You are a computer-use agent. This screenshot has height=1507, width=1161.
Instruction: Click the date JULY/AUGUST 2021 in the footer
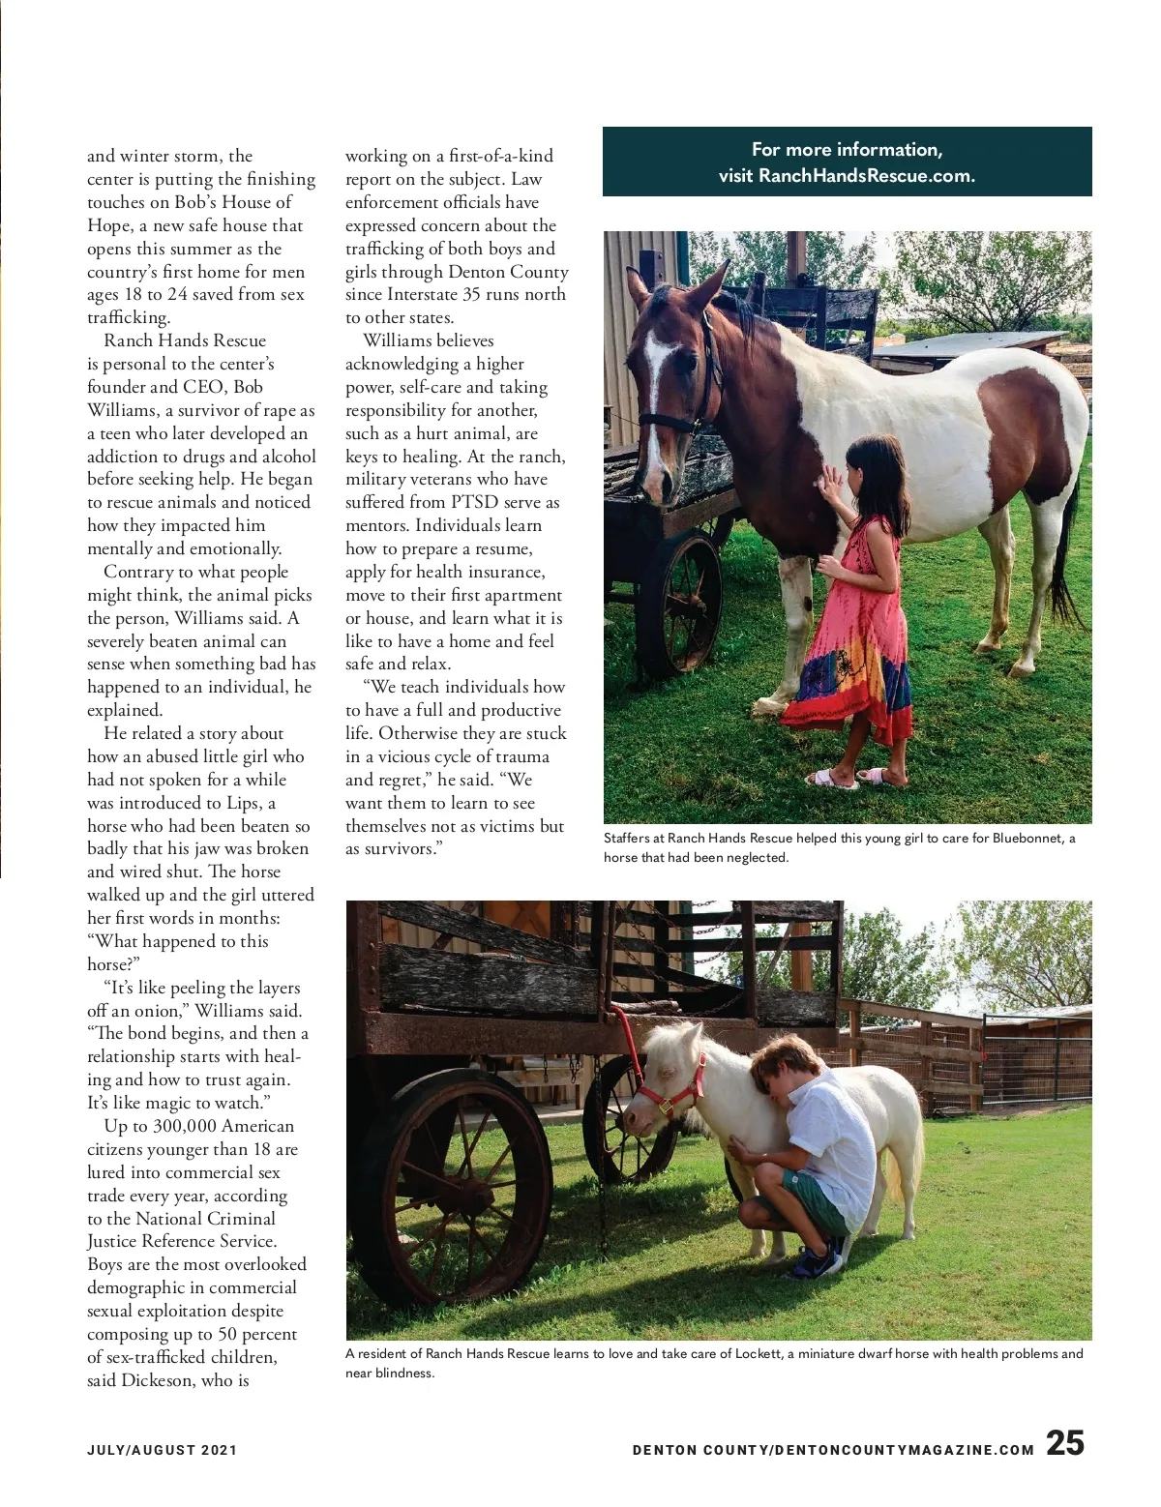coord(162,1450)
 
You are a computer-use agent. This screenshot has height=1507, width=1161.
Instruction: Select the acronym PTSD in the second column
coord(474,502)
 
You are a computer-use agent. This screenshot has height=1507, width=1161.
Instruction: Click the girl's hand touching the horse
coord(828,480)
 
